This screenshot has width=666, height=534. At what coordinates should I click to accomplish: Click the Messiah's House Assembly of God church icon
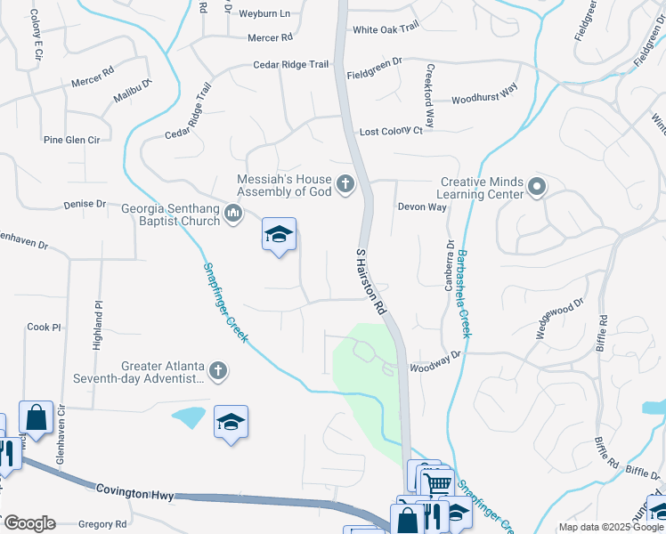point(345,185)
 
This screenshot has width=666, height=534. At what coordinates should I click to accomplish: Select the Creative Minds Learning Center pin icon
point(536,187)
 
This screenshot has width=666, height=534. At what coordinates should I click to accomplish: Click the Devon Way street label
point(422,206)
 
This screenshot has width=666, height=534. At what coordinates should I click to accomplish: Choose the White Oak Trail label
point(386,29)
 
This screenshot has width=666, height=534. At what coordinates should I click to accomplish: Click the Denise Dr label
point(85,204)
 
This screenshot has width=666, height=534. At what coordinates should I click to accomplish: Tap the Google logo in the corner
point(28,523)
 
